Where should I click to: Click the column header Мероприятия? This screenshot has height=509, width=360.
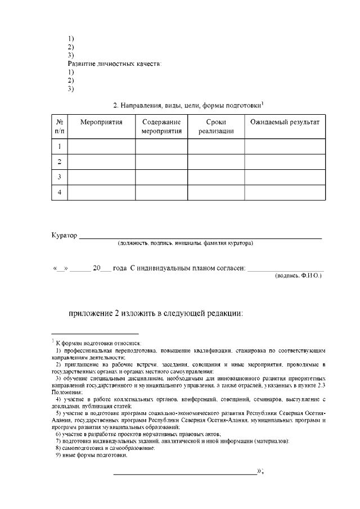[x=101, y=121]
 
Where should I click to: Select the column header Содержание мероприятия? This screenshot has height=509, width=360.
[x=161, y=127]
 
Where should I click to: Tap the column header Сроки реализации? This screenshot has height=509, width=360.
[x=215, y=127]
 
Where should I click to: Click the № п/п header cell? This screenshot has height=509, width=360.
[x=60, y=127]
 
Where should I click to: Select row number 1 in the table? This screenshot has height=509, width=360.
[x=60, y=147]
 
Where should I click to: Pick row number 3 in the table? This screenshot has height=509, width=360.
[x=60, y=177]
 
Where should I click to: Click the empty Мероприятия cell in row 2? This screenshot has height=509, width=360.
[x=101, y=162]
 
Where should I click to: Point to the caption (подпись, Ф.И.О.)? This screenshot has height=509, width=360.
[x=298, y=276]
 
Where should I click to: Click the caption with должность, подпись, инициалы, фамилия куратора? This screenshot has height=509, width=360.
[x=185, y=243]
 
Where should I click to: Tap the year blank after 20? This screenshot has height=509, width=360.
[x=105, y=268]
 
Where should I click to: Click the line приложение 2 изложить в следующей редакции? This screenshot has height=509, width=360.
[x=156, y=313]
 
